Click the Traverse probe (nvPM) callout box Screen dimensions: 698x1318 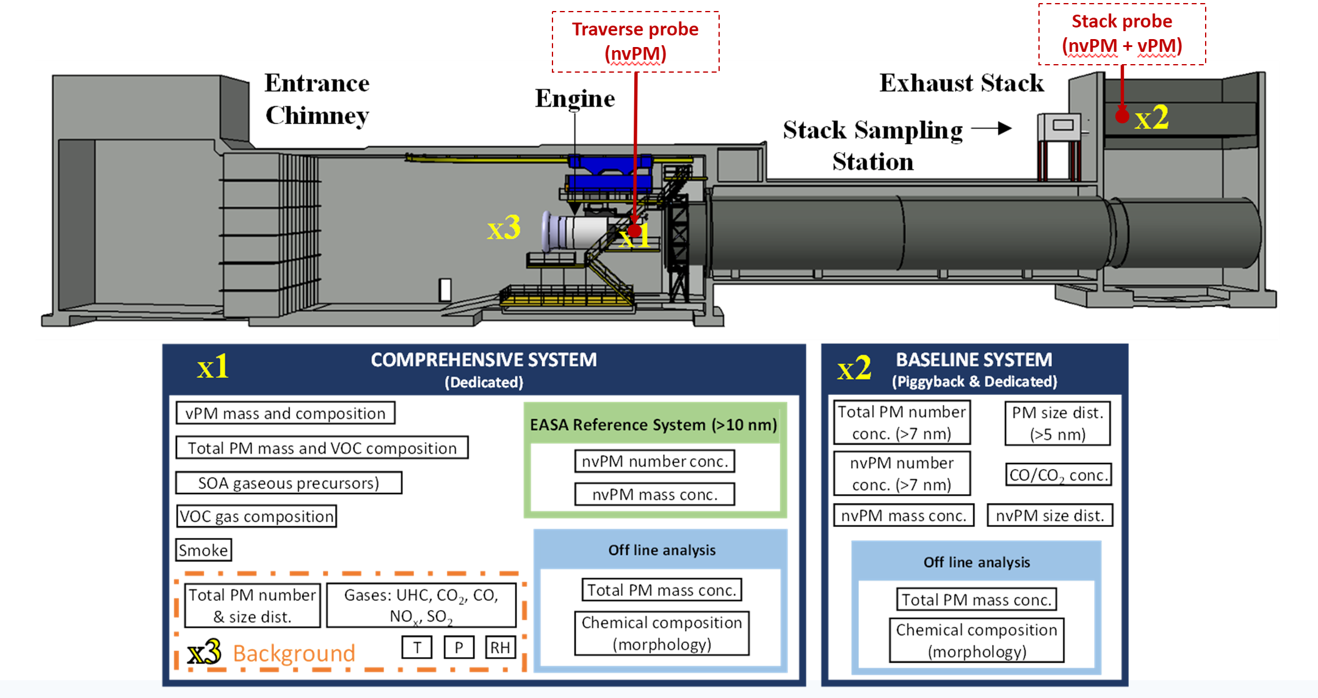(x=635, y=42)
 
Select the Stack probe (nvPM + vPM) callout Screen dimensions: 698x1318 (x=1122, y=34)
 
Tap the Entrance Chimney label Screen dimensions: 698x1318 (x=317, y=99)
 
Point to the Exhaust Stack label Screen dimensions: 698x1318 (x=961, y=83)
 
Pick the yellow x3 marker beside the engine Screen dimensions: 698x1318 (x=504, y=228)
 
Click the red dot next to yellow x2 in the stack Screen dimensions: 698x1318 (x=1122, y=115)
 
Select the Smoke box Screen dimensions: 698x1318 (x=203, y=550)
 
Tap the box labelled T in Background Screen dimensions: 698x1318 (x=417, y=647)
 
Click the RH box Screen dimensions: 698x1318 (x=500, y=647)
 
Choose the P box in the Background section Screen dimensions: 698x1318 (x=459, y=647)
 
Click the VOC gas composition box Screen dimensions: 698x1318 (x=256, y=517)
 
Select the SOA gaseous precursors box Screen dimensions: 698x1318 (x=288, y=483)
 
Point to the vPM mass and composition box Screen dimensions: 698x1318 (x=285, y=413)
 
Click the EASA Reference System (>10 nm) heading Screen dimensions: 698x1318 (x=653, y=424)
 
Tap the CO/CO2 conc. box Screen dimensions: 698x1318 (x=1059, y=475)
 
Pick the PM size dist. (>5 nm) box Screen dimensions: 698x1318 (x=1057, y=423)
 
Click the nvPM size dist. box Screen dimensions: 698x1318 (x=1050, y=515)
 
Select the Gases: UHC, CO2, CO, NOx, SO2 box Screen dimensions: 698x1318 (x=421, y=605)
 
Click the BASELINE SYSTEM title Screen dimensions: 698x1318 (x=974, y=360)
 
